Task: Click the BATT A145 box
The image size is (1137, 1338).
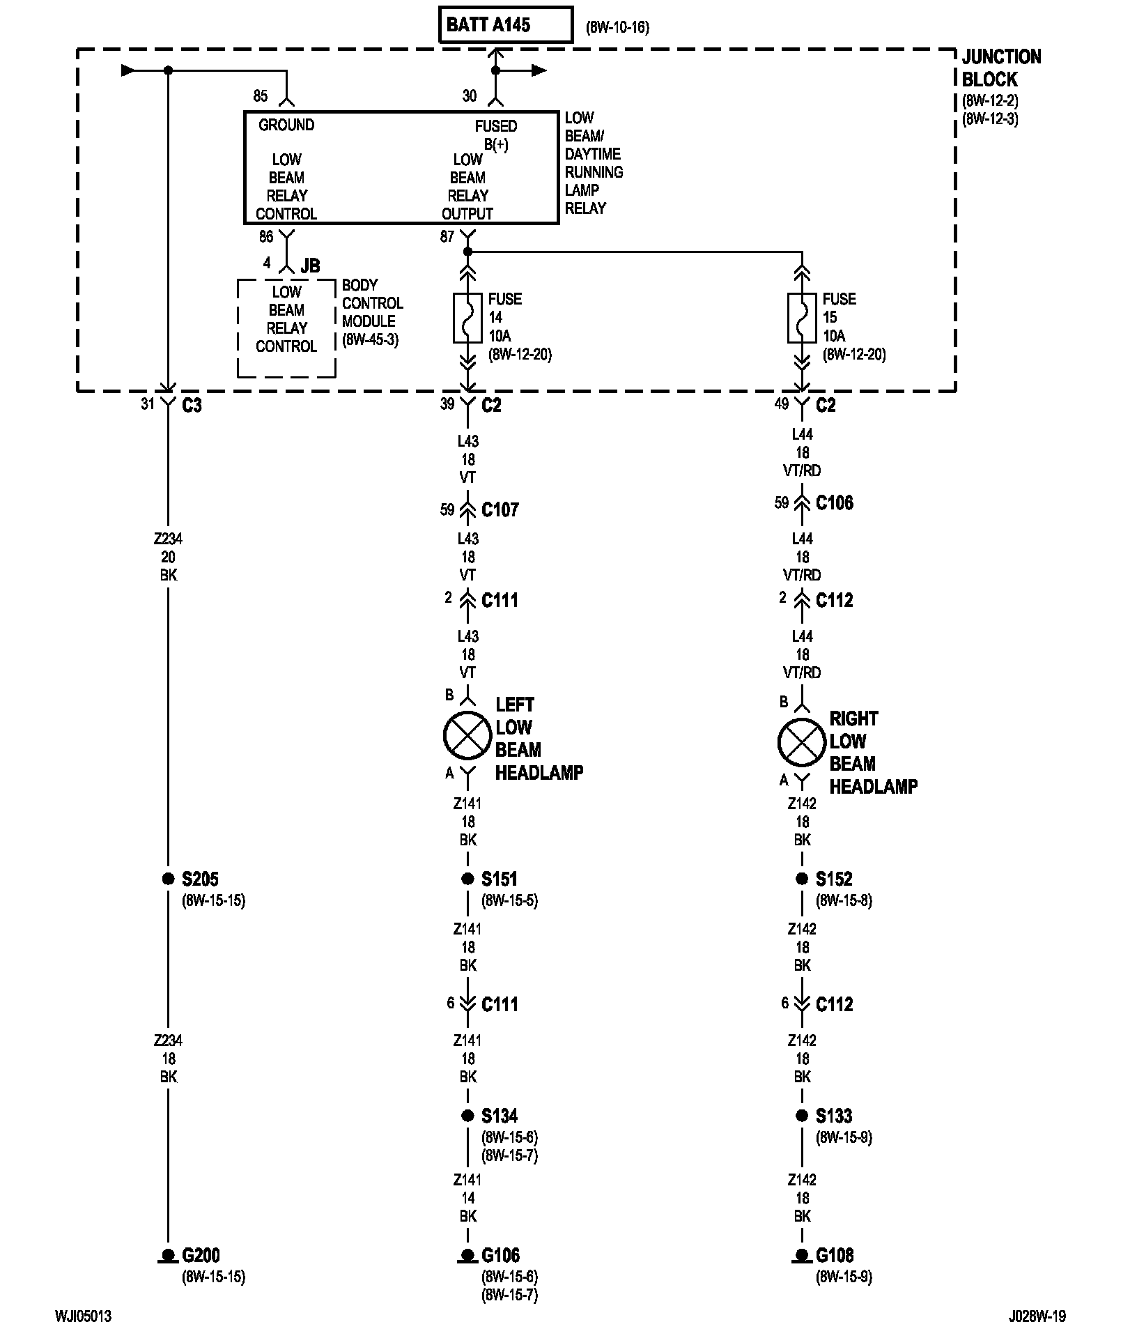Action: tap(506, 25)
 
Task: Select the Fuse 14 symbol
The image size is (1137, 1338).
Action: tap(467, 318)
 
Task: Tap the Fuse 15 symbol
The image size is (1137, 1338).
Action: tap(802, 318)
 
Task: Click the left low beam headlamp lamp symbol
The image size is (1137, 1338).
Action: tap(467, 736)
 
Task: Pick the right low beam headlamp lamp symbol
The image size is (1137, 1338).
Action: tap(802, 743)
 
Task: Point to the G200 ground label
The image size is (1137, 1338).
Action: tap(201, 1256)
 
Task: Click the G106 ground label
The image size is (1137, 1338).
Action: tap(501, 1256)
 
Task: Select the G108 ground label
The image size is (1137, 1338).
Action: tap(835, 1256)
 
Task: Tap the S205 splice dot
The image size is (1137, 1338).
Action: tap(168, 879)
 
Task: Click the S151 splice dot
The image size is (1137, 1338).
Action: tap(467, 879)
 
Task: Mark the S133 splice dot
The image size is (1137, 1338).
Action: tap(802, 1116)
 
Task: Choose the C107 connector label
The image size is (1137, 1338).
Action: tap(500, 510)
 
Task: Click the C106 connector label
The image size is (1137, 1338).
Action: tap(835, 503)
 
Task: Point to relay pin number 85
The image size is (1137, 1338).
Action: tap(260, 96)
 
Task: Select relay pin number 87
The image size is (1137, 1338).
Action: tap(447, 237)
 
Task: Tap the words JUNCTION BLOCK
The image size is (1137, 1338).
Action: tap(1001, 68)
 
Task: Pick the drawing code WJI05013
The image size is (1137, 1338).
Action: tap(83, 1316)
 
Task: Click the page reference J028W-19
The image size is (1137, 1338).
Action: tap(1037, 1316)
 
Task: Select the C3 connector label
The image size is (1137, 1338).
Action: tap(192, 406)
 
